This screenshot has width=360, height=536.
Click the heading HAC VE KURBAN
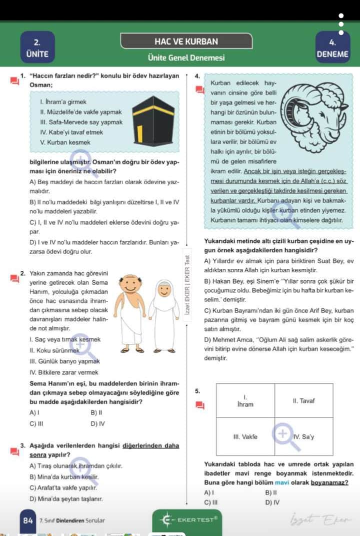pos(179,42)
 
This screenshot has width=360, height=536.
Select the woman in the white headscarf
pos(163,315)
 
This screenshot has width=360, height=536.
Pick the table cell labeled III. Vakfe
pos(245,436)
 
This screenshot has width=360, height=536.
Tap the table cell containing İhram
pos(245,401)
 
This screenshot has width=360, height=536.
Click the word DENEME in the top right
pos(332,54)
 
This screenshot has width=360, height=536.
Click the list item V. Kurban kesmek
pos(65,142)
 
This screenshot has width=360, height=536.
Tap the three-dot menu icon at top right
pos(342,25)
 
